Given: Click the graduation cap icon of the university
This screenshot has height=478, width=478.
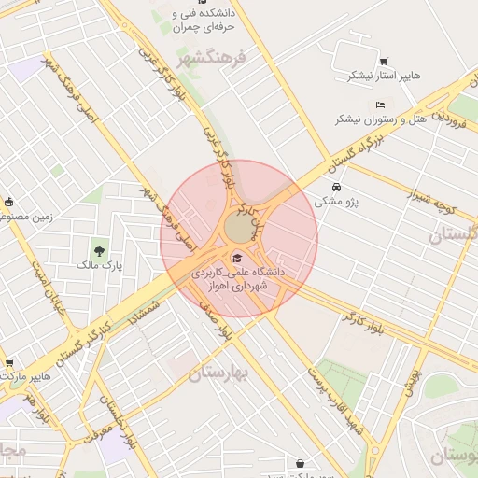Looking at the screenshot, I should tap(237, 258).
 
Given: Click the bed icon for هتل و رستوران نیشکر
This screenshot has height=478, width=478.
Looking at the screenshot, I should tap(379, 105).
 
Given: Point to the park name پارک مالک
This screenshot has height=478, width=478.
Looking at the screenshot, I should tap(100, 266).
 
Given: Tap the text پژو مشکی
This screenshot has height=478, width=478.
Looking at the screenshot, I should tap(337, 200).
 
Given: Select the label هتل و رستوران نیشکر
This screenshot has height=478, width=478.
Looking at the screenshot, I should tap(373, 119).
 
